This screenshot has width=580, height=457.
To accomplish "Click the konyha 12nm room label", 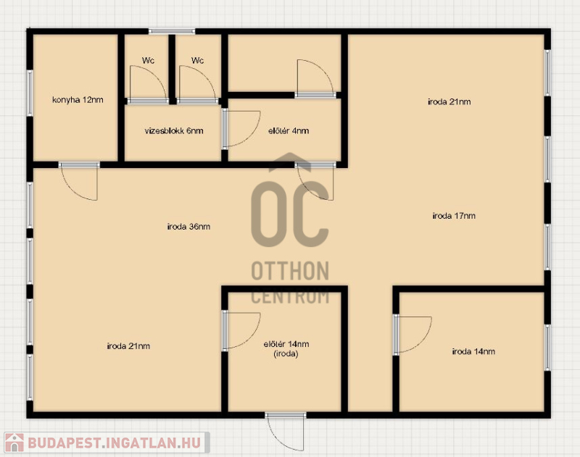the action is (78, 100).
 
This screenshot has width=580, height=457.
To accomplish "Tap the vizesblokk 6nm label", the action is (174, 131).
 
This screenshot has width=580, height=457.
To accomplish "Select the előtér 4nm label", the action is (289, 131).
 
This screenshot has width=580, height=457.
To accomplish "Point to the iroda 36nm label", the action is (188, 227).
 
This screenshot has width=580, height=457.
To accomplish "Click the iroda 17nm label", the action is (454, 215).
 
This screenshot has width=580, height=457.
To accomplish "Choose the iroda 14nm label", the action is (473, 351).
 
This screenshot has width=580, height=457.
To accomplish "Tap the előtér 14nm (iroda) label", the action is (286, 349).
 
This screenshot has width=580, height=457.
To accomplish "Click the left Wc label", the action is (148, 60).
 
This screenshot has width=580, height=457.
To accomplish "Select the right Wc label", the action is (197, 60).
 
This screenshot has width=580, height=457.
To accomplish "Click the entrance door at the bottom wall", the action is (286, 432).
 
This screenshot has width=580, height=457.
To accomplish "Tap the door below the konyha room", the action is (79, 181).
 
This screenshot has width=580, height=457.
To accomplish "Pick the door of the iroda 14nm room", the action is (412, 335).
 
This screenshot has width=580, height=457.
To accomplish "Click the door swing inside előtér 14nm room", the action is (241, 331).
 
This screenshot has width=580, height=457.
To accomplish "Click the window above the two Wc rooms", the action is (172, 31).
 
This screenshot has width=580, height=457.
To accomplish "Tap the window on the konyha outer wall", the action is (30, 93).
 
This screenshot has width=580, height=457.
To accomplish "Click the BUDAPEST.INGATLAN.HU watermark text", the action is (115, 443).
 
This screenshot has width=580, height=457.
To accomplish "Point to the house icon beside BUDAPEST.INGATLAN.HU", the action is (14, 443).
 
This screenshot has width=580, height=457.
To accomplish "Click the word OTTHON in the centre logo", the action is (290, 271).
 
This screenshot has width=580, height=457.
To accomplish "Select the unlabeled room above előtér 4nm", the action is (284, 63).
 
